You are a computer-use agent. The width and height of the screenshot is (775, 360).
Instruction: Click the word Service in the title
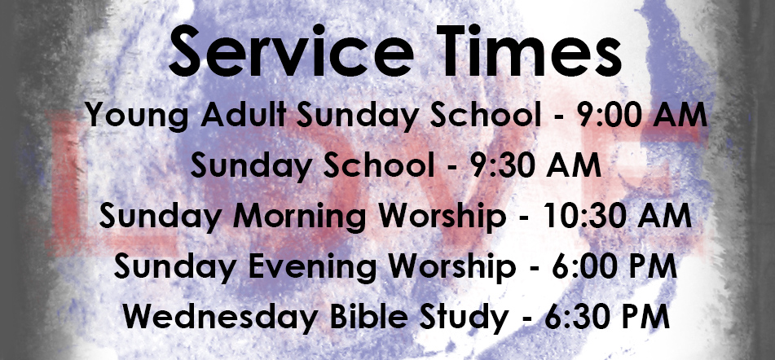291,50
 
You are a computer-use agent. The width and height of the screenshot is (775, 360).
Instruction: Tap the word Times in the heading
530,50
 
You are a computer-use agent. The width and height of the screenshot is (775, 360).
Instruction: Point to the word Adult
244,115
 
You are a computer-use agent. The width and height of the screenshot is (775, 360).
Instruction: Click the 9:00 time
609,115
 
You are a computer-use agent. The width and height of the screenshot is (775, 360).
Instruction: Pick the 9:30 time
503,165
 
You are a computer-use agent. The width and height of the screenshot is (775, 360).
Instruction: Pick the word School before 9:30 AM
378,165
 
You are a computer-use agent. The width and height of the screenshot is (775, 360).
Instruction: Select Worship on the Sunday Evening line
451,269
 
